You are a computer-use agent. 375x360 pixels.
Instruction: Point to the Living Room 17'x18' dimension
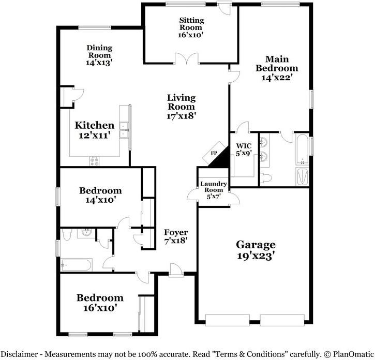click(x=181, y=115)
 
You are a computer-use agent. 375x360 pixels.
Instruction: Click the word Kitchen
click(x=95, y=125)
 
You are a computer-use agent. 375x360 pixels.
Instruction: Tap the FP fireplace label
click(x=214, y=153)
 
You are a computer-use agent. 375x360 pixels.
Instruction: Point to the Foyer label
click(x=176, y=232)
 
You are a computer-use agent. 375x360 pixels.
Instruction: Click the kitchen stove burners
click(x=95, y=160)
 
